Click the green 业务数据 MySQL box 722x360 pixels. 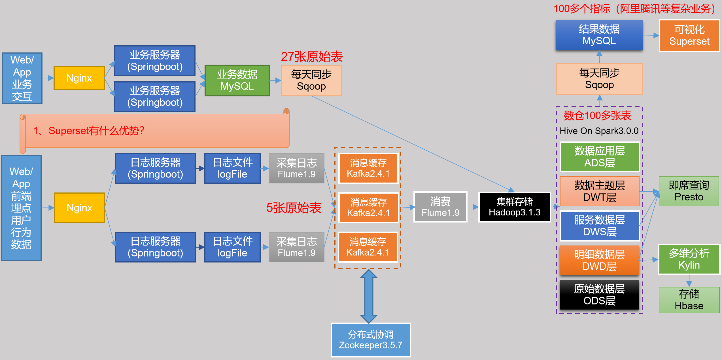click(x=237, y=81)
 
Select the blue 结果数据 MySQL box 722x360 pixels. click(x=599, y=35)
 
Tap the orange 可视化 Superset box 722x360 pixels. click(x=689, y=36)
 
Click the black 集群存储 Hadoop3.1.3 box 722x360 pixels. click(x=514, y=207)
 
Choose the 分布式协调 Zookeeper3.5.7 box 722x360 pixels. click(x=371, y=340)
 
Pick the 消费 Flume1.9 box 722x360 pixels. click(x=440, y=207)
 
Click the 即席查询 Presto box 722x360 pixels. click(x=689, y=191)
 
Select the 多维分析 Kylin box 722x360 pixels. click(x=689, y=259)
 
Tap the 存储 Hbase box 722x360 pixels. click(x=689, y=300)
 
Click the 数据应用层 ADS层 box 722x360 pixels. click(x=600, y=157)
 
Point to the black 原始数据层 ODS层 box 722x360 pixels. click(x=599, y=295)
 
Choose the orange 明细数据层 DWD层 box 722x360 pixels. click(x=599, y=260)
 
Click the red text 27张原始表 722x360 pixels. click(x=312, y=57)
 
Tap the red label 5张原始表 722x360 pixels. click(x=294, y=208)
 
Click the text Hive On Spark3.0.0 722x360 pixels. click(x=599, y=131)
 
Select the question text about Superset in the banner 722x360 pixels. click(x=89, y=131)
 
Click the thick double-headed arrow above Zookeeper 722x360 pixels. click(x=368, y=296)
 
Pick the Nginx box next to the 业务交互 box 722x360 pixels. click(x=79, y=78)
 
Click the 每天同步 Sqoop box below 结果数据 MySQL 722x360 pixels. click(x=599, y=79)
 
